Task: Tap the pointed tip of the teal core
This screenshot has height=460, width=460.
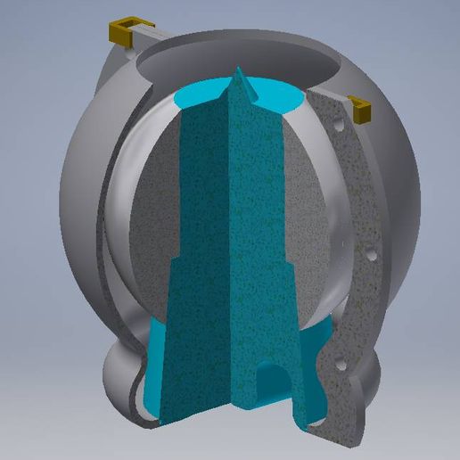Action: [x=239, y=71]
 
